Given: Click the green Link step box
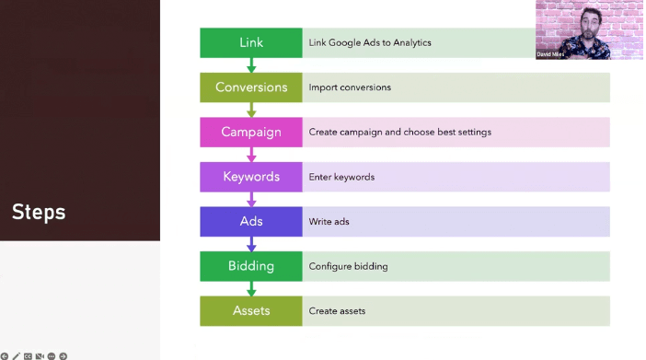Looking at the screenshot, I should tap(250, 43).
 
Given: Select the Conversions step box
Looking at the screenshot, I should tap(250, 87).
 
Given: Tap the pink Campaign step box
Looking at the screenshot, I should tap(250, 132).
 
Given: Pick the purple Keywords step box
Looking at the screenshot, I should tap(250, 177).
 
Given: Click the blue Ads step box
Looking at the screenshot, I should tap(250, 221).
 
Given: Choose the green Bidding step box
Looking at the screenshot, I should tap(250, 266).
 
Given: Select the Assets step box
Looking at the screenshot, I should tap(250, 310).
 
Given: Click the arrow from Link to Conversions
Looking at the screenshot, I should tap(251, 65).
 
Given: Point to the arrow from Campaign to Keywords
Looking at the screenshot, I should tap(251, 155).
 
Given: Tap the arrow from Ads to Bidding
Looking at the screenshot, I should tap(251, 244).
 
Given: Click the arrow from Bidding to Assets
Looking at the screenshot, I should tap(251, 288).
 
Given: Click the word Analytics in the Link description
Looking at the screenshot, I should tap(410, 42).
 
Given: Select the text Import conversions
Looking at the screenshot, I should tap(350, 87).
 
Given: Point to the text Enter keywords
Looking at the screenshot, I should tap(341, 177).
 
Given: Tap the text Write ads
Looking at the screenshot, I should tap(329, 222).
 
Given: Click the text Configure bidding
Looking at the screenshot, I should tap(348, 266).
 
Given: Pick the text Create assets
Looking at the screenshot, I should tap(337, 311).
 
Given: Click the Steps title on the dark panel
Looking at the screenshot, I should tap(39, 212).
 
